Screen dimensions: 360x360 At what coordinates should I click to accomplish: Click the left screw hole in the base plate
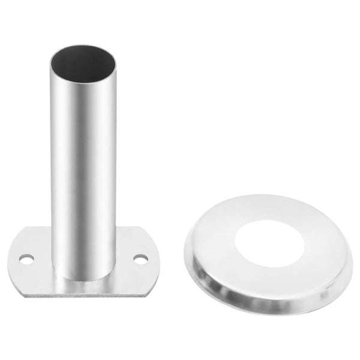[x=26, y=259]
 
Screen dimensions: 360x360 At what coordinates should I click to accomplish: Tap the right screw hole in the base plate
[x=140, y=259]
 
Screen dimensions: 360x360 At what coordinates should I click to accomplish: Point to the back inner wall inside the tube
[x=82, y=57]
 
